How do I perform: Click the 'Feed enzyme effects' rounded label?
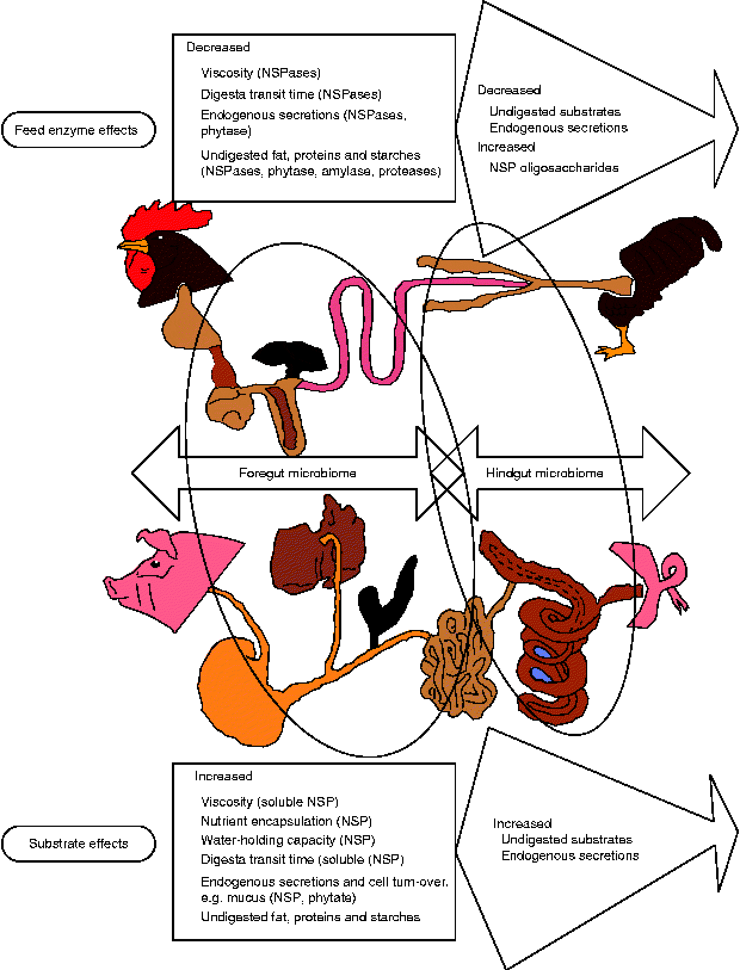coord(78,130)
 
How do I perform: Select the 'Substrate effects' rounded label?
coord(78,844)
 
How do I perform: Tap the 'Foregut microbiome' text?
coord(297,473)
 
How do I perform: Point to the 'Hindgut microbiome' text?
coord(544,473)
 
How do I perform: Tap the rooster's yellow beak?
coord(131,245)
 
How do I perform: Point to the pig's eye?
coord(156,563)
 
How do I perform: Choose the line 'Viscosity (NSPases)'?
coord(261,73)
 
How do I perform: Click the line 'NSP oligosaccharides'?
coord(554,168)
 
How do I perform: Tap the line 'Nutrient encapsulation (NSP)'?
coord(286,821)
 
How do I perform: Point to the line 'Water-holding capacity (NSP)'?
coord(288,840)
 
